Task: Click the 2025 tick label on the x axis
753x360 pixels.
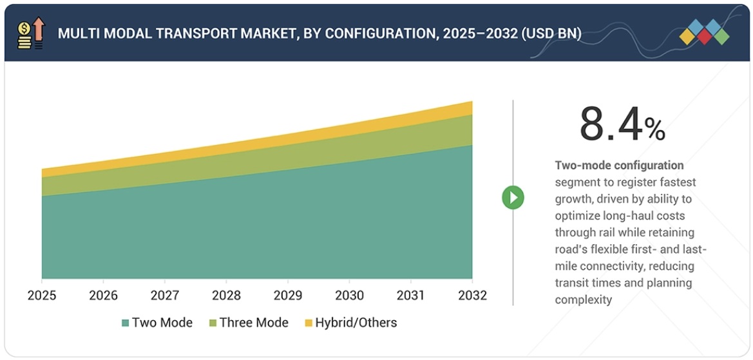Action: [x=42, y=296]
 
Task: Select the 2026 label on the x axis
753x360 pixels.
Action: [x=103, y=296]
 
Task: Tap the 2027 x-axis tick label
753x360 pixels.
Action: [x=165, y=296]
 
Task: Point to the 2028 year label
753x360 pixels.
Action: [x=226, y=296]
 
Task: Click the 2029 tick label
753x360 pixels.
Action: [x=288, y=296]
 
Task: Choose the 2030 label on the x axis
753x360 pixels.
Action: [x=349, y=296]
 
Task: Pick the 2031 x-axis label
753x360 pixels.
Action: [x=410, y=296]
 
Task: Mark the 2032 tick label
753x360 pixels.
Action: [x=472, y=296]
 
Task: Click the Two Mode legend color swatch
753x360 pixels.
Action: [x=124, y=323]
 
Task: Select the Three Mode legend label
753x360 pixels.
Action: [x=254, y=323]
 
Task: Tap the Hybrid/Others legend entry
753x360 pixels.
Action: [x=356, y=323]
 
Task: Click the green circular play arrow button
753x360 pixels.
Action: [x=513, y=197]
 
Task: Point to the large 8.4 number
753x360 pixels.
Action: [x=610, y=124]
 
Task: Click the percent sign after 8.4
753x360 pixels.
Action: [x=655, y=130]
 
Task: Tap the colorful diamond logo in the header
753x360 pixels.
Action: [x=704, y=32]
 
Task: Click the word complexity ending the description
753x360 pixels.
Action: [x=583, y=299]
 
